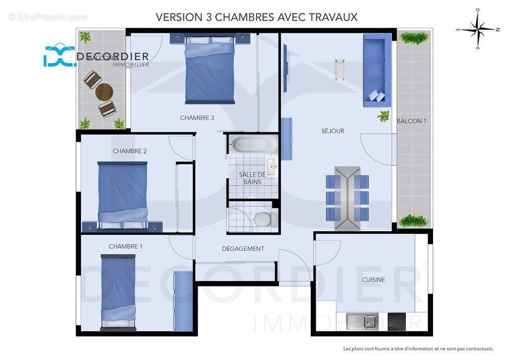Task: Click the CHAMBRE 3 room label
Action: [197, 118]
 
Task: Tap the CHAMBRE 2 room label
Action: [129, 151]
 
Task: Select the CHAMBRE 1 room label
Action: [125, 247]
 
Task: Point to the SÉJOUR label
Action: [333, 131]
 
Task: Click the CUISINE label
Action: [373, 280]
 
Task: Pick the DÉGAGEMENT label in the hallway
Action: [243, 249]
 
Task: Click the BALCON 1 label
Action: [411, 121]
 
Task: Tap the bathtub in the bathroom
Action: [254, 144]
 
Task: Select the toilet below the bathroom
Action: [261, 219]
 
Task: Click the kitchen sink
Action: [362, 322]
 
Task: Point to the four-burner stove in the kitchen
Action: [399, 322]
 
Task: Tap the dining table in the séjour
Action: [347, 198]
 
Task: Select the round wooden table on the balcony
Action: [104, 92]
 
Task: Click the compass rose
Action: [477, 29]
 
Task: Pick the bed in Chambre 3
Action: [210, 70]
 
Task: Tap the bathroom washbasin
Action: [271, 167]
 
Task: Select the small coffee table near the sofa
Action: [340, 69]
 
